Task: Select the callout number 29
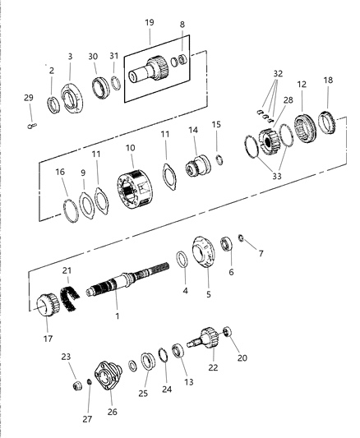click(x=29, y=98)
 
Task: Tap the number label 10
click(x=129, y=149)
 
